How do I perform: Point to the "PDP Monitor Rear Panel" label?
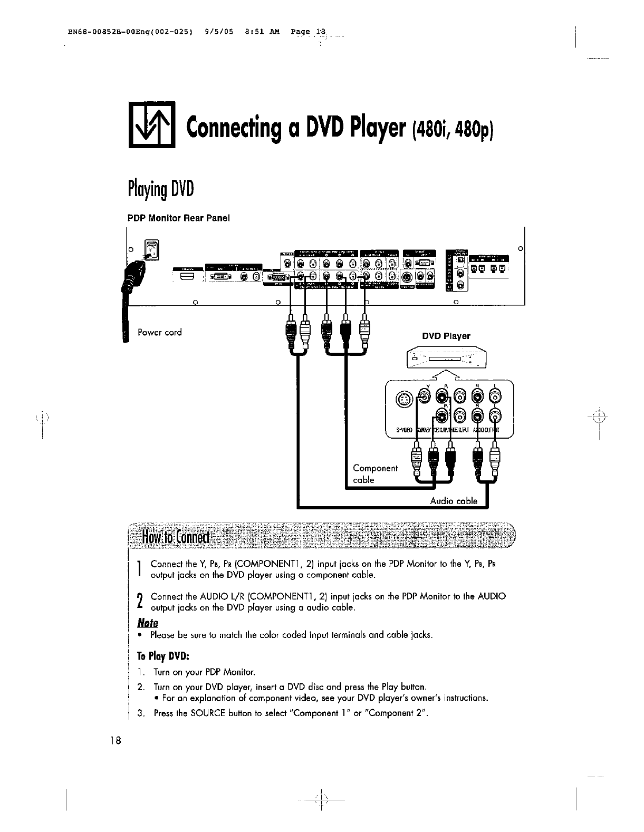(179, 218)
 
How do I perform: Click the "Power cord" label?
(159, 332)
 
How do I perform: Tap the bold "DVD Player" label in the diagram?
(446, 336)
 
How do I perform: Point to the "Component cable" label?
(374, 473)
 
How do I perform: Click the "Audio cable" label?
(454, 501)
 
